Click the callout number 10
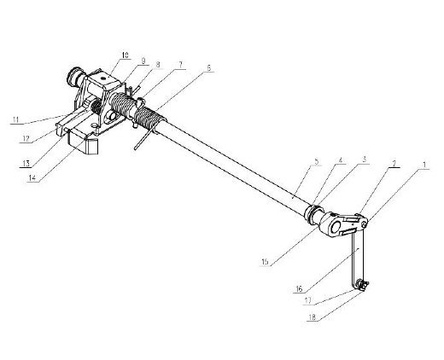coord(125,55)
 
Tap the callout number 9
coord(143,61)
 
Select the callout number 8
coord(158,64)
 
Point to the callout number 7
coord(180,65)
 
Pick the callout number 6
coord(208,68)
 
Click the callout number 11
coord(15,119)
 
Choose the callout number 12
coord(26,139)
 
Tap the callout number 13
coord(26,164)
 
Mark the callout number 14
coord(32,178)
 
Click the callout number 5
coord(317,161)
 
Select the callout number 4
coord(341,160)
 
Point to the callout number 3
coord(364,160)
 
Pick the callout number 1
coord(424,165)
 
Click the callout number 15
coord(265,262)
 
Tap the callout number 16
coord(299,289)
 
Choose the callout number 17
coord(308,300)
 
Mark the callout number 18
coord(313,317)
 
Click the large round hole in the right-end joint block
coord(335,227)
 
